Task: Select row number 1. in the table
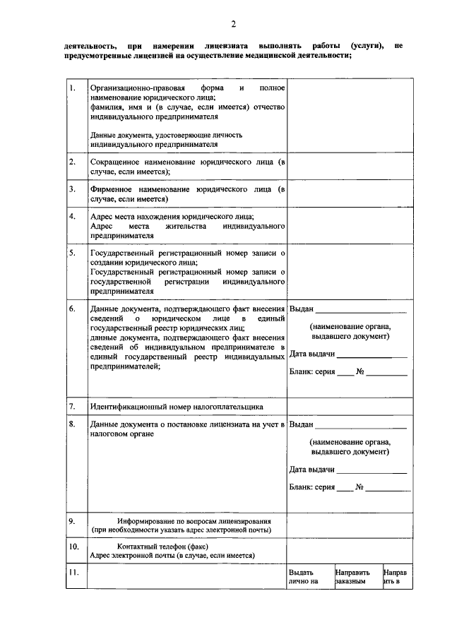pos(73,88)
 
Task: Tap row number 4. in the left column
pos(73,216)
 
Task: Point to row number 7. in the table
pos(73,407)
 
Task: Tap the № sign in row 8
pos(359,486)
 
